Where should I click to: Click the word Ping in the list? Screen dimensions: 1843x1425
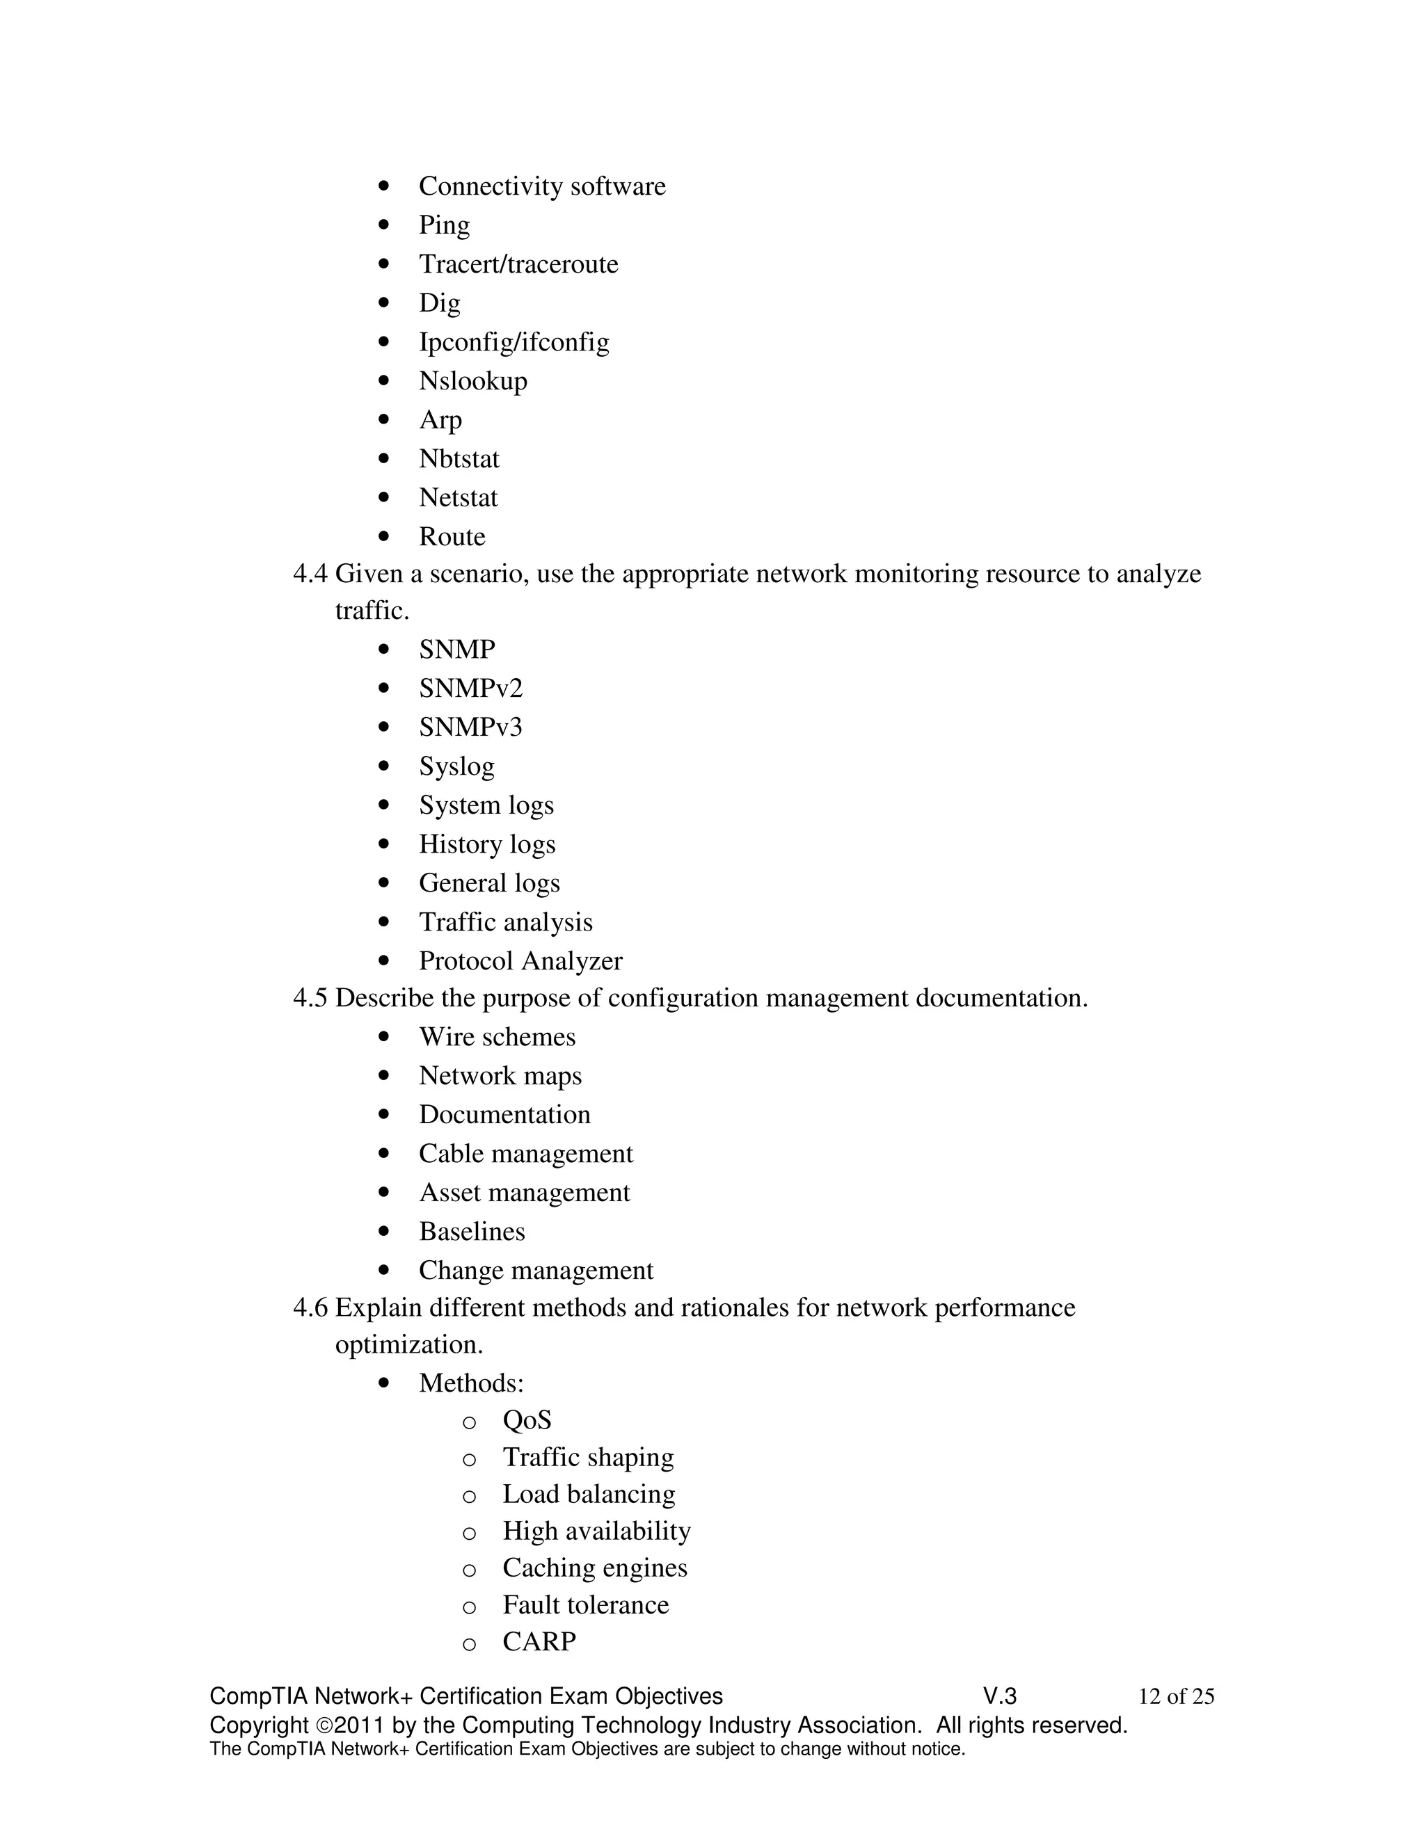(444, 225)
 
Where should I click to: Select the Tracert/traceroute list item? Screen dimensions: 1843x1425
(518, 264)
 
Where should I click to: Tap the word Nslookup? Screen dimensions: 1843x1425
(472, 381)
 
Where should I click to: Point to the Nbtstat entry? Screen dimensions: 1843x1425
(459, 459)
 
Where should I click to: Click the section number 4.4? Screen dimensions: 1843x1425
(310, 574)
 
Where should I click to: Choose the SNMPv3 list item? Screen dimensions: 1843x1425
(470, 727)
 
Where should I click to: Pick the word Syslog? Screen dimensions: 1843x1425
(456, 766)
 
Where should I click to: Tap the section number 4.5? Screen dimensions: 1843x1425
(310, 998)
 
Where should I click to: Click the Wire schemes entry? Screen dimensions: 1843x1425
(497, 1037)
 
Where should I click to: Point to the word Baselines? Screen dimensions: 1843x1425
(472, 1232)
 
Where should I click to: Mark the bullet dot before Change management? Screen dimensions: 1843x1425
(385, 1270)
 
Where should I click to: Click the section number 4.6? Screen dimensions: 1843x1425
(310, 1308)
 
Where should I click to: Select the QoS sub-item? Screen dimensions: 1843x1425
(527, 1420)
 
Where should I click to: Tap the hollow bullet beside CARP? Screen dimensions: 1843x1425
(470, 1644)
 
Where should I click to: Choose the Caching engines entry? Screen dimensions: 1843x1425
(594, 1568)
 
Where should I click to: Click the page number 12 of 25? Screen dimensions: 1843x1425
(1176, 1697)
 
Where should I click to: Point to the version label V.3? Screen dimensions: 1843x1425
(1000, 1697)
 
